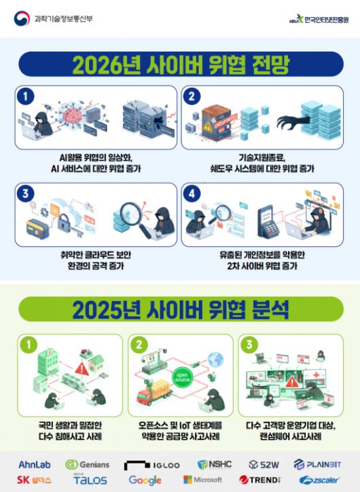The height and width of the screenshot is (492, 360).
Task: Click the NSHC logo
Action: (214, 465)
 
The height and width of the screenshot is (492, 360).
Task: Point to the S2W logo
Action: (264, 465)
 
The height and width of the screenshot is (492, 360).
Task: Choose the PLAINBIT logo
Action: (318, 465)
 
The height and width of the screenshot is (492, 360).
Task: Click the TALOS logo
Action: (90, 480)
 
